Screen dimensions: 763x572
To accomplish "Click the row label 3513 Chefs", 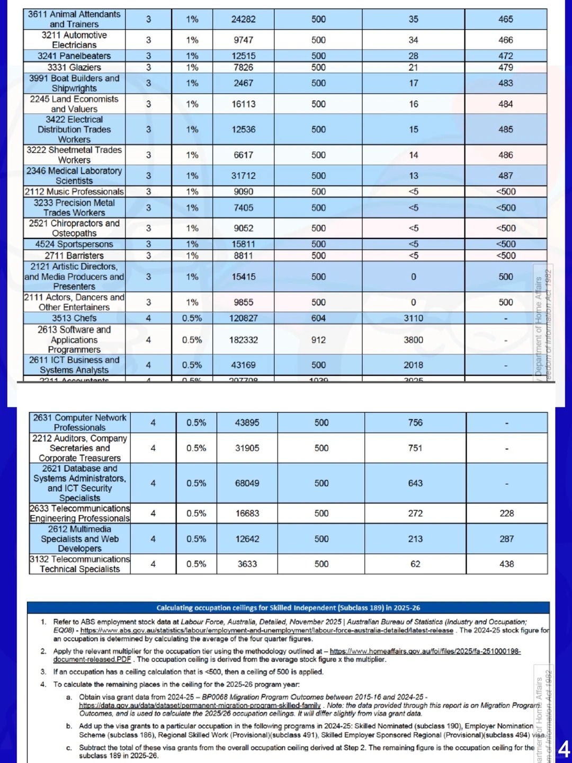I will [x=74, y=318].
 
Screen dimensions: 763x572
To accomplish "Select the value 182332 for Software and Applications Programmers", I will [x=244, y=340].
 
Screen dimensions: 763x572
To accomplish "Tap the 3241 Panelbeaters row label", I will [x=74, y=56].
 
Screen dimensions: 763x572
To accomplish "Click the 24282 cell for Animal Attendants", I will [x=244, y=19].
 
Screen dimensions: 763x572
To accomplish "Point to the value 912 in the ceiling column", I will [x=318, y=340].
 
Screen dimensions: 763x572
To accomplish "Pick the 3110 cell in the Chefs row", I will [x=413, y=318].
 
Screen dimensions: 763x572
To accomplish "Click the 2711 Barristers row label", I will [x=74, y=255].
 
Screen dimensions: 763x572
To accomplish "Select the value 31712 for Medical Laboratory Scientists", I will [x=244, y=175].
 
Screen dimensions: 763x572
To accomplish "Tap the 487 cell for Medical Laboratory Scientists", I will [x=505, y=175].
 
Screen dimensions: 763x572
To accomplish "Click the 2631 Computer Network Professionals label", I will [x=79, y=422].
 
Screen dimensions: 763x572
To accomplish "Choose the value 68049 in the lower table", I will [x=247, y=483].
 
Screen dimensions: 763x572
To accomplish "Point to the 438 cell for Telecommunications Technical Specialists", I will [x=506, y=564].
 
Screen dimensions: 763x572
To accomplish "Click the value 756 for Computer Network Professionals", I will [x=415, y=422].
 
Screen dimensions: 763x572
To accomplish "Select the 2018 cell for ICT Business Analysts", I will [x=413, y=365].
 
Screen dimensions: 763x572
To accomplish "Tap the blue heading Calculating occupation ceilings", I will [x=288, y=608].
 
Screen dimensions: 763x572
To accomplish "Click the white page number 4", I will [x=564, y=750].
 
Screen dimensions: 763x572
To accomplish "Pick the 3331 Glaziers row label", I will [x=74, y=67].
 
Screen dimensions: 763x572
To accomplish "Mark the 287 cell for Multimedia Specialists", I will [x=506, y=538].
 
